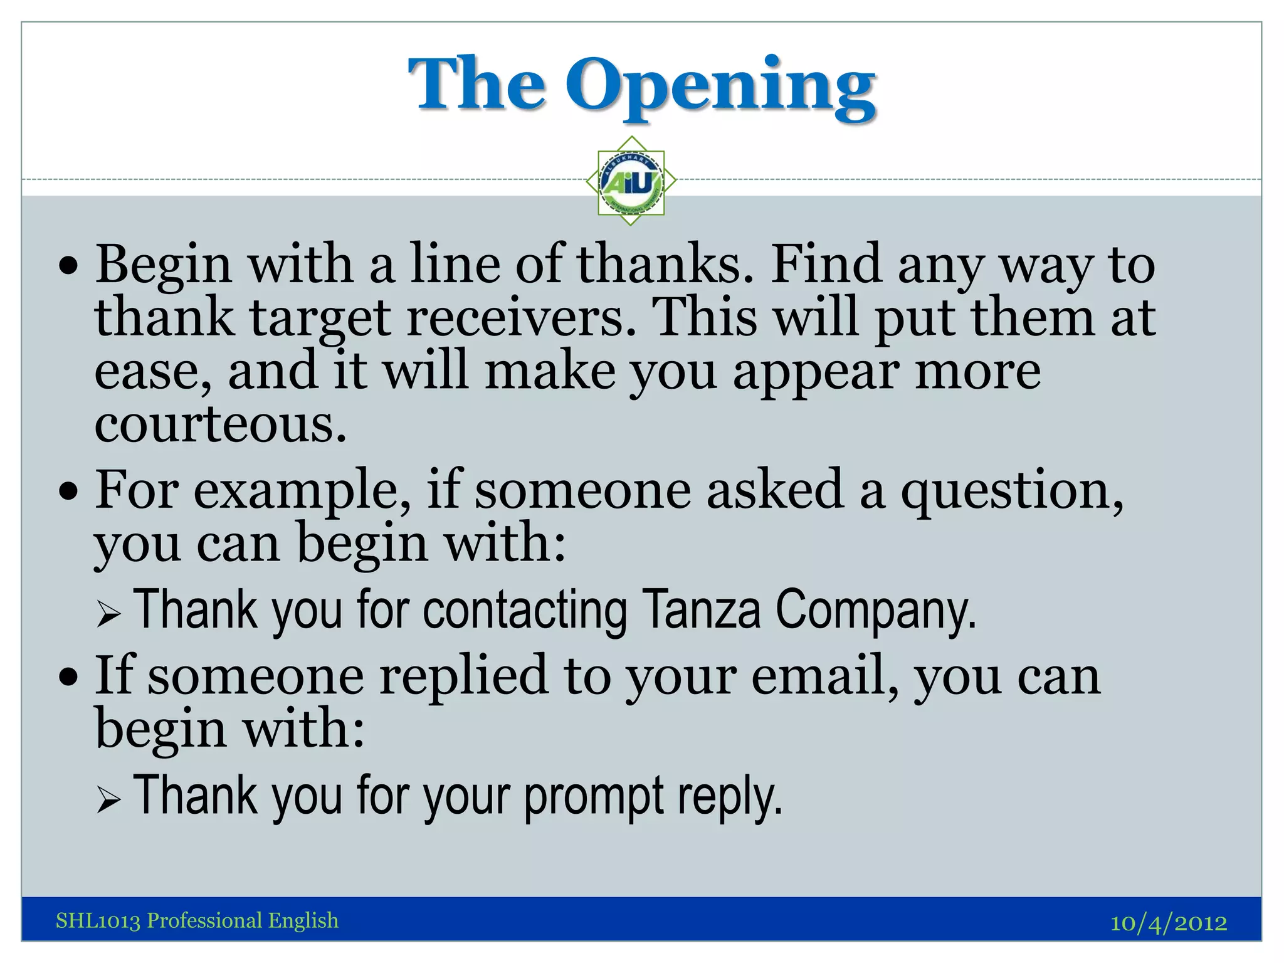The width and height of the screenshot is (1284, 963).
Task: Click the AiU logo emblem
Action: point(631,181)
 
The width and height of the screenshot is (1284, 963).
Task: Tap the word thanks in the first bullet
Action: point(665,265)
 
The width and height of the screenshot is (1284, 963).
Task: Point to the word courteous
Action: point(220,424)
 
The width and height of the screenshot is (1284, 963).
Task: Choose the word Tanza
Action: point(702,609)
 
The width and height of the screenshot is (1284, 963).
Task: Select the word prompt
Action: point(593,796)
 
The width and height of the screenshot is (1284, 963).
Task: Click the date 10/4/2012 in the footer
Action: point(1169,923)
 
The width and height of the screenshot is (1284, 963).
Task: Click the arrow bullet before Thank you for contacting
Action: point(108,614)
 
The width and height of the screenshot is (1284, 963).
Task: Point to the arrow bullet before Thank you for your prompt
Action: point(108,800)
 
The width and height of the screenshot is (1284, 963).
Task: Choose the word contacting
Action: point(525,609)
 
